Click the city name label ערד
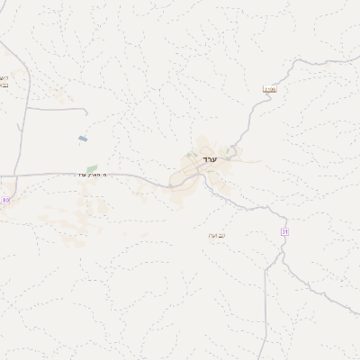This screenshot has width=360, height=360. (x=211, y=159)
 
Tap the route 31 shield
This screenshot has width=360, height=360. (x=285, y=231)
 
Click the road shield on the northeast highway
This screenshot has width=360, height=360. (x=269, y=88)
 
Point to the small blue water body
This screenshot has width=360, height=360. (x=83, y=139)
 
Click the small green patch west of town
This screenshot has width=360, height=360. (x=92, y=167)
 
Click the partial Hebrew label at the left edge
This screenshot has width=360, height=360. (x=4, y=81)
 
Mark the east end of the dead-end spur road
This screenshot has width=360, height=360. (x=86, y=112)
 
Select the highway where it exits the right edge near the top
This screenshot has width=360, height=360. (x=357, y=61)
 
